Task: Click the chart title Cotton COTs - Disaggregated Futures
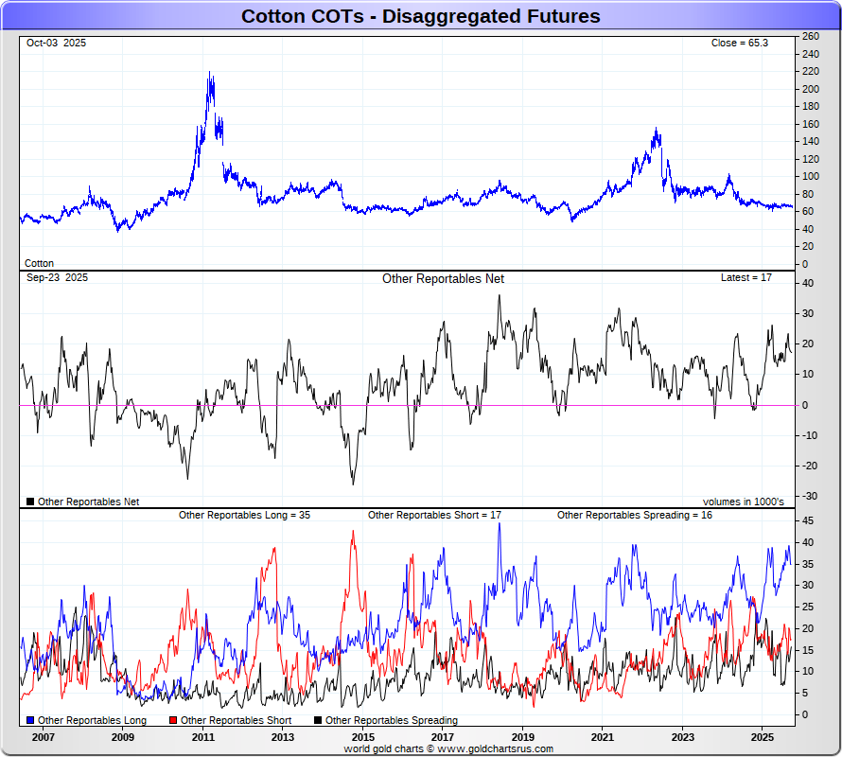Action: [x=420, y=16]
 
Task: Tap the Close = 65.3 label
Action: [x=741, y=44]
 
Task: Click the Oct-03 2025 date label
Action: [x=56, y=44]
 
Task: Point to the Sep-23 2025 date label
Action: [x=57, y=278]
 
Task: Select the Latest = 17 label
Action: [x=746, y=278]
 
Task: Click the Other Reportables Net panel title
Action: [x=443, y=279]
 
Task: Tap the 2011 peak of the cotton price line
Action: [x=209, y=74]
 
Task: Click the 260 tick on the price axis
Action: [x=810, y=36]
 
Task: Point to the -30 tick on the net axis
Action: [x=809, y=496]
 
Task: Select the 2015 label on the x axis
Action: [x=362, y=736]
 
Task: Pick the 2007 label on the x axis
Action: [x=43, y=736]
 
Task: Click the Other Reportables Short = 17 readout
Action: [x=434, y=516]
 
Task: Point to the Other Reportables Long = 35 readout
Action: [x=244, y=516]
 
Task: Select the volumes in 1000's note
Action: [x=743, y=502]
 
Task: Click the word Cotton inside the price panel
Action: [x=39, y=264]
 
